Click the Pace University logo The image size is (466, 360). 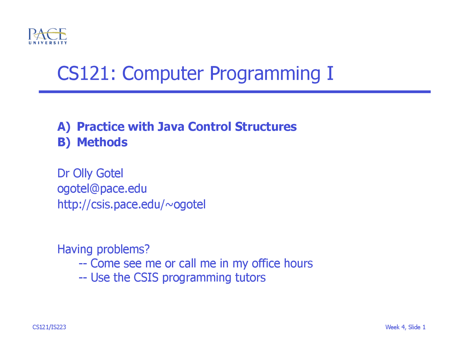(48, 36)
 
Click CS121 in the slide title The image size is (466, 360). (83, 74)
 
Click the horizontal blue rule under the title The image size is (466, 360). (234, 92)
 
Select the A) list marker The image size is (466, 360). (64, 127)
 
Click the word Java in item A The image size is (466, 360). (171, 127)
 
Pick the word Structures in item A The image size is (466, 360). (266, 127)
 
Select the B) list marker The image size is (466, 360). (64, 143)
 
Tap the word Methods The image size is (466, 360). (102, 142)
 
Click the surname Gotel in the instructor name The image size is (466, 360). (110, 173)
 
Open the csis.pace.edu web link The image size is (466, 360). (131, 205)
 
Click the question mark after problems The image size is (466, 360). (147, 249)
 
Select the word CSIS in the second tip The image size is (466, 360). (146, 277)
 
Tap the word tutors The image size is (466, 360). (250, 278)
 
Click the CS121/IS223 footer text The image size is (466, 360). (49, 327)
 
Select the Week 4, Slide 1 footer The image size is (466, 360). (405, 327)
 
